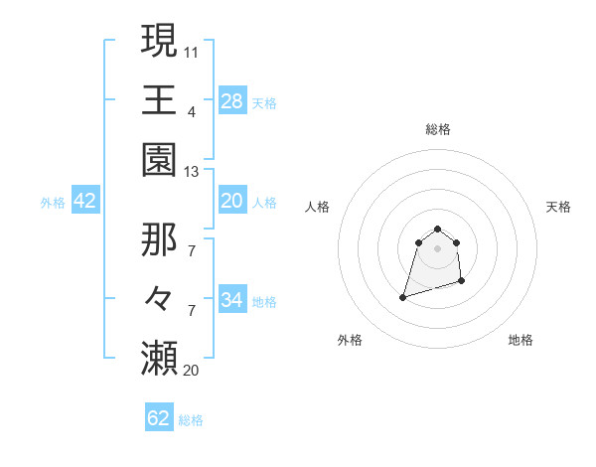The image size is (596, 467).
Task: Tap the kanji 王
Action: click(x=160, y=99)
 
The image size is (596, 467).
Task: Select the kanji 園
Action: click(x=160, y=159)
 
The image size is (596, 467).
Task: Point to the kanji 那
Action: click(x=160, y=238)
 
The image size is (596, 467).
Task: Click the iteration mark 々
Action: click(x=160, y=298)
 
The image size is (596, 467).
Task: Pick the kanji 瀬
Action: click(x=160, y=358)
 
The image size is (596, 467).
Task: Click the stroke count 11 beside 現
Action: click(x=192, y=51)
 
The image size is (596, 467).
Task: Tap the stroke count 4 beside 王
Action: click(x=192, y=111)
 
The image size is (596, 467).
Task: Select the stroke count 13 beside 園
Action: click(x=192, y=171)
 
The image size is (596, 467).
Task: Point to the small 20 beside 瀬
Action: click(x=192, y=370)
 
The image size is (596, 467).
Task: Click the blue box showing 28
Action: click(x=232, y=101)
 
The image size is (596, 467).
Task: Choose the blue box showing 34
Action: click(x=232, y=300)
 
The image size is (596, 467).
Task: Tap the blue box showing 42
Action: click(x=85, y=201)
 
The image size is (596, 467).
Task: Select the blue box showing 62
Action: click(x=159, y=418)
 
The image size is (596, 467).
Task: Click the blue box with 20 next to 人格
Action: click(x=232, y=201)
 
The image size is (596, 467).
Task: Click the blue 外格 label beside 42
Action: click(x=53, y=203)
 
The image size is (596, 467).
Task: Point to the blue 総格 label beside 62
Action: click(x=191, y=420)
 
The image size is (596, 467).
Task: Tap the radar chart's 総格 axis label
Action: click(x=437, y=129)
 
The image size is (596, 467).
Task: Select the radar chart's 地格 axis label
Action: click(x=521, y=340)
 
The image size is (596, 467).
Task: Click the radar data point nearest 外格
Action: click(x=402, y=297)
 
